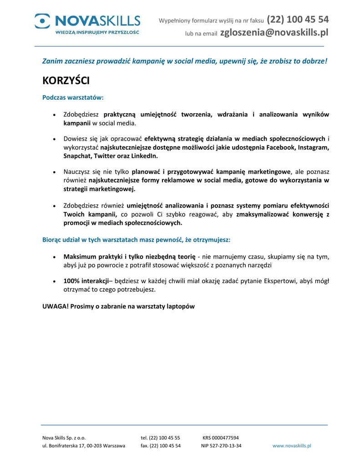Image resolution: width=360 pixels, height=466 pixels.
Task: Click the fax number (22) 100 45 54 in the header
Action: point(298,20)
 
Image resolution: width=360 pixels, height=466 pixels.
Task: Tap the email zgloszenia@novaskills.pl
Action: point(274,32)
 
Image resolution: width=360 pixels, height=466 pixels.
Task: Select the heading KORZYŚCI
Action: point(66,81)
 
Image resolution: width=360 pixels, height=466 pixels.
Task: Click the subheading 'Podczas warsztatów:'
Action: point(73,97)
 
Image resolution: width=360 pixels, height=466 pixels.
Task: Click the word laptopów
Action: point(179,306)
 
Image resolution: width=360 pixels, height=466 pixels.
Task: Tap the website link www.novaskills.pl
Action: point(292,446)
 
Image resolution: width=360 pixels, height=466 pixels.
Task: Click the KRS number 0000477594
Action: point(227,438)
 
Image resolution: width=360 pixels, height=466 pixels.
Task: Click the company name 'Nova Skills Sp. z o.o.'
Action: point(64,438)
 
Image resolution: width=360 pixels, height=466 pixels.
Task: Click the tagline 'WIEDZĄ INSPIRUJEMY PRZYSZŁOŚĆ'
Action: point(97,33)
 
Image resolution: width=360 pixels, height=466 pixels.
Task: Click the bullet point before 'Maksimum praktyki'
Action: point(55,257)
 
